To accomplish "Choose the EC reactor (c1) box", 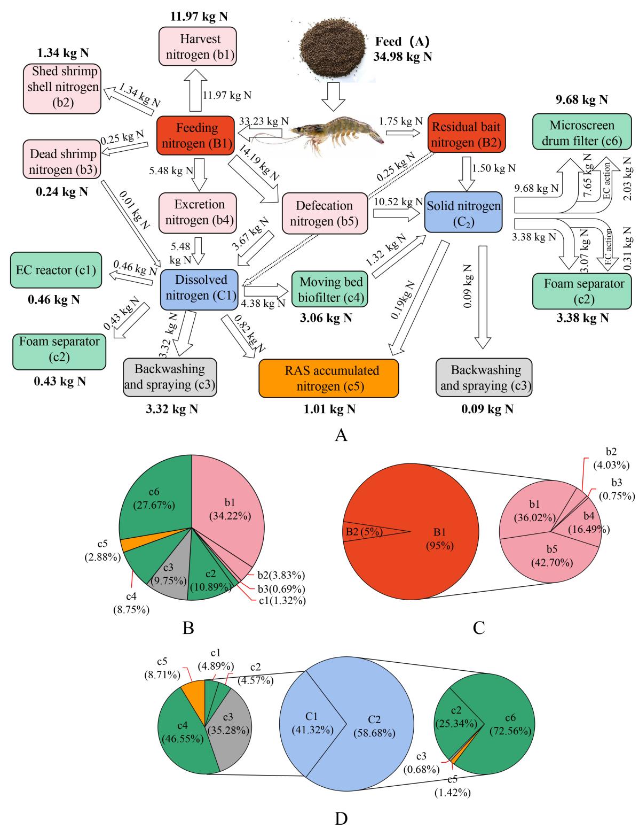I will (x=55, y=270).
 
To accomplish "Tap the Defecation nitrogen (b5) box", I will (x=325, y=213).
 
